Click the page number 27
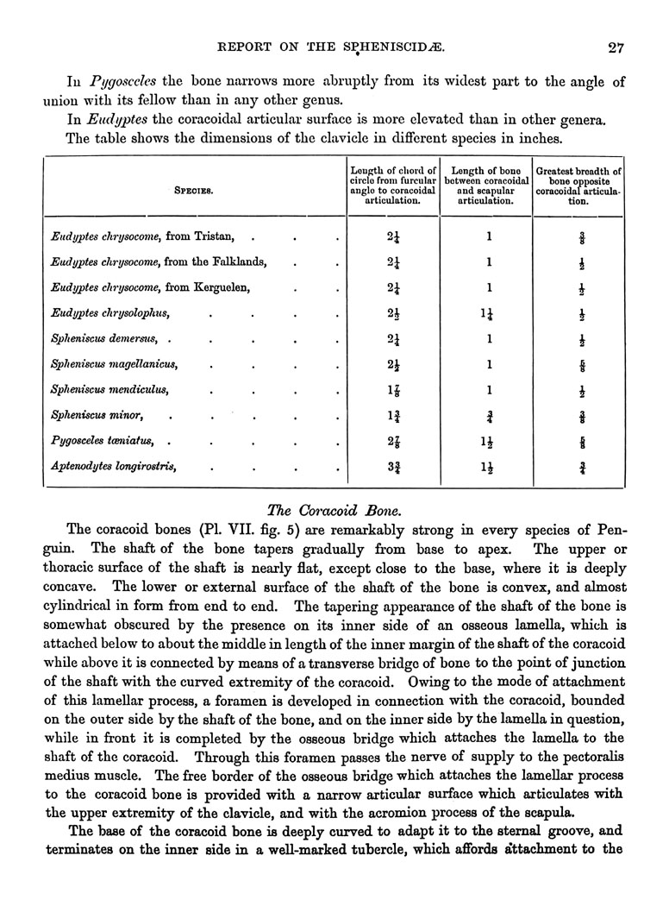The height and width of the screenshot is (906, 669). click(x=615, y=48)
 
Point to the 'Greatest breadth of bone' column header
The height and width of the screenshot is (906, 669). click(x=578, y=186)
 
